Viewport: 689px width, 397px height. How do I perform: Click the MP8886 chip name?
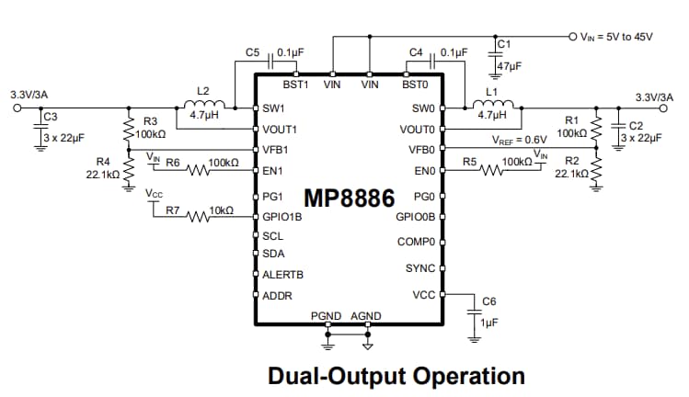[350, 198]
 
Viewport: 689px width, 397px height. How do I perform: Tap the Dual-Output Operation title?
[396, 376]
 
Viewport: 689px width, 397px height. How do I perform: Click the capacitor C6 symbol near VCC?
[475, 312]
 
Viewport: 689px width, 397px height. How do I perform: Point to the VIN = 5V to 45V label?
[616, 36]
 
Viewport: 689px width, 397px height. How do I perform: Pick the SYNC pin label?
[419, 268]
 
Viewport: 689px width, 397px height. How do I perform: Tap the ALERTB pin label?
[282, 274]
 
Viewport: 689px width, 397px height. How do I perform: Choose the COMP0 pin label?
[415, 242]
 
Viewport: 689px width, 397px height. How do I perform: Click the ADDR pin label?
[277, 296]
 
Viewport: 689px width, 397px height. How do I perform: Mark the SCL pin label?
[273, 236]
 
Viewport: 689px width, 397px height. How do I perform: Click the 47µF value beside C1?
[510, 66]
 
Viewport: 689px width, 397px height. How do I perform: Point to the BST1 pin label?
[294, 84]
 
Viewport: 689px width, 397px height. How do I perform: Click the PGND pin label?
[327, 316]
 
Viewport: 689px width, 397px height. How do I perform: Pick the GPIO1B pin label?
[281, 218]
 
